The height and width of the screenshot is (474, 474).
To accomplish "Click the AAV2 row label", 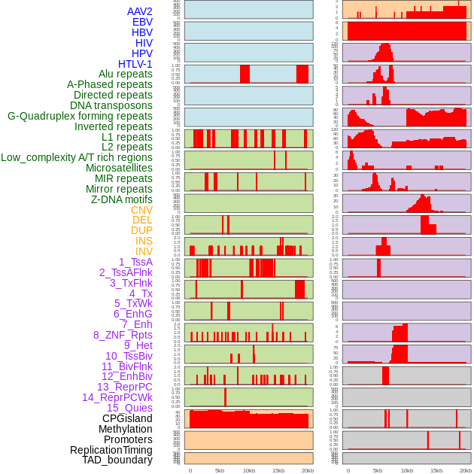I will tap(140, 11).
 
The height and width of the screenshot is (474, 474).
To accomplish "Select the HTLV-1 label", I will tap(135, 64).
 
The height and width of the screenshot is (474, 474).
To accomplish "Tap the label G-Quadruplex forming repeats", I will tap(80, 116).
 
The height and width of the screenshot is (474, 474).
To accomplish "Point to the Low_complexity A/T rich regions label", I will tap(77, 157).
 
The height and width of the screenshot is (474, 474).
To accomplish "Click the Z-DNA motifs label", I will tap(122, 199).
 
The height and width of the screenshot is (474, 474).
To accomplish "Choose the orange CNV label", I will tap(141, 210).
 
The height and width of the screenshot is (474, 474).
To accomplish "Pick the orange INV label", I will tap(144, 251).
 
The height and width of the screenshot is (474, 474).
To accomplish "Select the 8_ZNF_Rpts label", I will tap(123, 335).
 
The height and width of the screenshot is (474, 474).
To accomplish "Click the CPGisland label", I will tap(127, 418).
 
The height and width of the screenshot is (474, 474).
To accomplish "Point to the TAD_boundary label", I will tap(117, 460).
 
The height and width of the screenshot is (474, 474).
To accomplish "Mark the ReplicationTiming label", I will tap(111, 450).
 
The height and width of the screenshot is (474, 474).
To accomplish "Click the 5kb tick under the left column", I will tap(220, 470).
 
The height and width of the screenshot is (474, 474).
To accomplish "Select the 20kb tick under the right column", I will tap(466, 470).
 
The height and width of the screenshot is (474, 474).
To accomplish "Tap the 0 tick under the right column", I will tap(348, 470).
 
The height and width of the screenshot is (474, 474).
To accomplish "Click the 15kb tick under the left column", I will tap(278, 470).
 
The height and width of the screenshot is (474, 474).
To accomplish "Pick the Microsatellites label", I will tap(119, 168).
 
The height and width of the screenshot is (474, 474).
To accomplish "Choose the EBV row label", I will tap(142, 22).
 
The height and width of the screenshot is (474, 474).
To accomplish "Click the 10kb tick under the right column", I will tap(407, 470).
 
